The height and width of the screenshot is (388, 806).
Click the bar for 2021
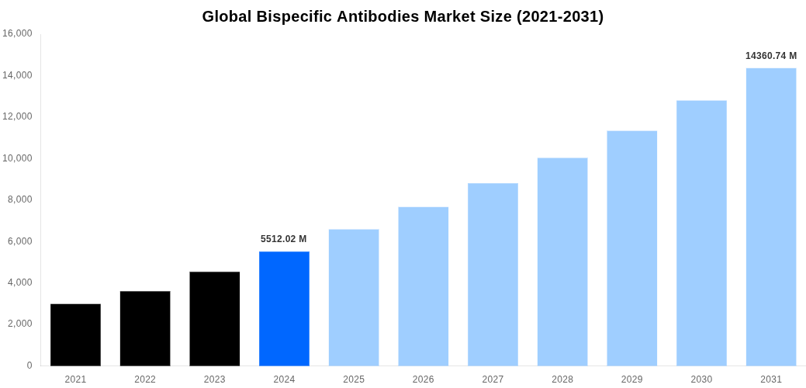[75, 334]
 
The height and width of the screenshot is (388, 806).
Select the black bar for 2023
[214, 318]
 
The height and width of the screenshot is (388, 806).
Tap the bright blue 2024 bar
[284, 308]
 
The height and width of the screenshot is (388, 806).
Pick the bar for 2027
[493, 274]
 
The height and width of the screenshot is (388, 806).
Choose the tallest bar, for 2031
[771, 217]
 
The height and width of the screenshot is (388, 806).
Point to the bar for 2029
[631, 248]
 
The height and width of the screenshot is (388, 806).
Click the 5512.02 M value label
[283, 239]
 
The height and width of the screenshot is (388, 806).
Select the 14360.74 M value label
[770, 56]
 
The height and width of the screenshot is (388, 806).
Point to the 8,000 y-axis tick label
[19, 199]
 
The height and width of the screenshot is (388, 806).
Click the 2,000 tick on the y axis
[19, 324]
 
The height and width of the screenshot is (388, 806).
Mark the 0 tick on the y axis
[29, 365]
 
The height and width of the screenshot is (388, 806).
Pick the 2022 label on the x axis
[145, 379]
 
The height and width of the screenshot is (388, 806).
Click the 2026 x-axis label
[423, 379]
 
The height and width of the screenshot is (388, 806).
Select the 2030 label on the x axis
[701, 379]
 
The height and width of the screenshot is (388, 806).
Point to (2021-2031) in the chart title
[559, 16]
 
